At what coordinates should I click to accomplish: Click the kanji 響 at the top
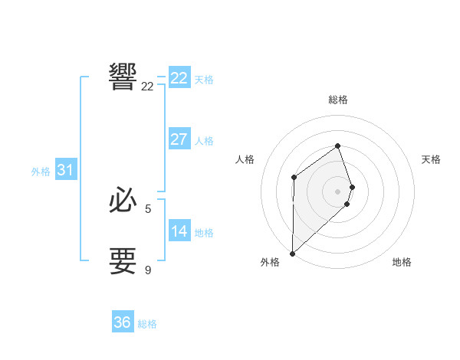[123, 77]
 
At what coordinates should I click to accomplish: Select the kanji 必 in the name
[123, 200]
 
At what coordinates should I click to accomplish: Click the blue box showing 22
[179, 77]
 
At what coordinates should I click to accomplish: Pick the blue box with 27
[179, 139]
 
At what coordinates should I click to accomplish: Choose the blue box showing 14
[179, 231]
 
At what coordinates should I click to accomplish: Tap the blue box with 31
[65, 170]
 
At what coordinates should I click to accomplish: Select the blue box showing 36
[123, 322]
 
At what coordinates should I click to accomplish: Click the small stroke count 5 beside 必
[148, 208]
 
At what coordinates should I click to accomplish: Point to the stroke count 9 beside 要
[148, 270]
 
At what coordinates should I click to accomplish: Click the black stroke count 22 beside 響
[148, 87]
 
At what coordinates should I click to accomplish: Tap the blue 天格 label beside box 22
[204, 79]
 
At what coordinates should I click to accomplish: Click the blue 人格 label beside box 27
[204, 141]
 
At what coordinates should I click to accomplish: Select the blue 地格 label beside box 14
[204, 233]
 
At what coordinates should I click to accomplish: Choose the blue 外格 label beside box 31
[41, 172]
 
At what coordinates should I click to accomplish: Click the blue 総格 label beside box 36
[147, 324]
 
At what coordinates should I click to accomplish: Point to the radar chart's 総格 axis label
[337, 100]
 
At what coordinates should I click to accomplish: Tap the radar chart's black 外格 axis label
[270, 263]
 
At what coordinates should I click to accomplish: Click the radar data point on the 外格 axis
[292, 253]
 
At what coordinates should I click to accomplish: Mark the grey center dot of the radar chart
[337, 191]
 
